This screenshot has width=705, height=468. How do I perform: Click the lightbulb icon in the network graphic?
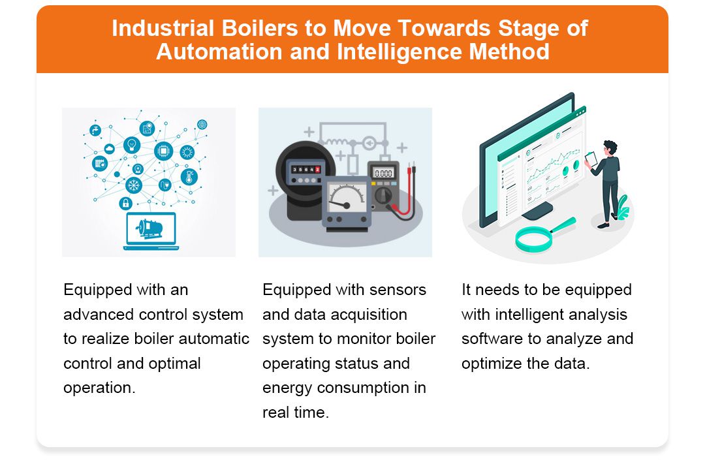133,144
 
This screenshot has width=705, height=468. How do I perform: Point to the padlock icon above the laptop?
125,204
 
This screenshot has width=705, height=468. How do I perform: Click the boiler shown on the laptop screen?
149,228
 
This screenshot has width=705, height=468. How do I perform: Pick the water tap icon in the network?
96,130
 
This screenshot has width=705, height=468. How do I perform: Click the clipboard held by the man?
591,159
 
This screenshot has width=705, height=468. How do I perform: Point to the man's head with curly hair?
610,148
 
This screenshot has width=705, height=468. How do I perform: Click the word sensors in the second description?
398,289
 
